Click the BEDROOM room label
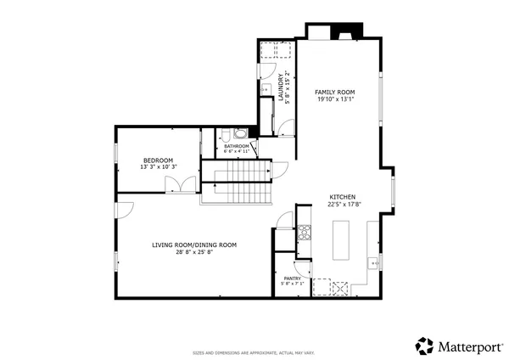click(158, 160)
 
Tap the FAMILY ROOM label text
click(334, 92)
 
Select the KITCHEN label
click(342, 196)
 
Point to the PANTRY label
click(292, 278)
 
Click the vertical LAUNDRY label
click(281, 87)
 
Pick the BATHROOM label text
click(237, 146)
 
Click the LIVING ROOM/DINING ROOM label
click(194, 245)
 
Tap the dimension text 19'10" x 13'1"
click(334, 98)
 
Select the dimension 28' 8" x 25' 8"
click(194, 252)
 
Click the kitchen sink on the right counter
click(373, 262)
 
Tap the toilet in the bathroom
click(240, 133)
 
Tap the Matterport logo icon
click(424, 346)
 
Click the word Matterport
click(467, 346)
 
